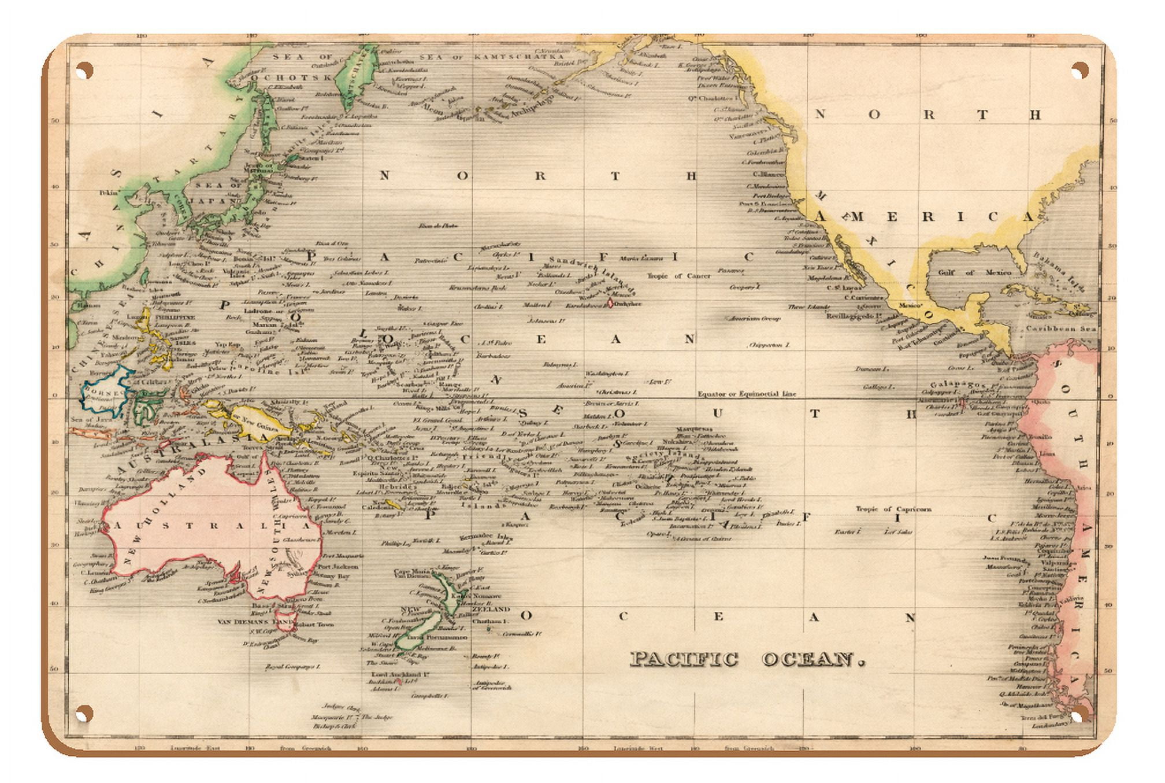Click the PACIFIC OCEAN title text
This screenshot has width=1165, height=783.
pyautogui.click(x=747, y=659)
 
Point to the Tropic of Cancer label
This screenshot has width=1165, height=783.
pyautogui.click(x=679, y=276)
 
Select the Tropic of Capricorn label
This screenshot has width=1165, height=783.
pyautogui.click(x=893, y=509)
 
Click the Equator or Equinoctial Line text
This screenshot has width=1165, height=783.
pyautogui.click(x=747, y=394)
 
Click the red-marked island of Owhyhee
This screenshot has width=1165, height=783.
pyautogui.click(x=611, y=302)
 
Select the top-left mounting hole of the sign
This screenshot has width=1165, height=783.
pyautogui.click(x=84, y=71)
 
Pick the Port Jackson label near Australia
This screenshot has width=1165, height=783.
pyautogui.click(x=337, y=567)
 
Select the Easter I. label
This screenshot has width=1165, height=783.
pyautogui.click(x=848, y=531)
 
